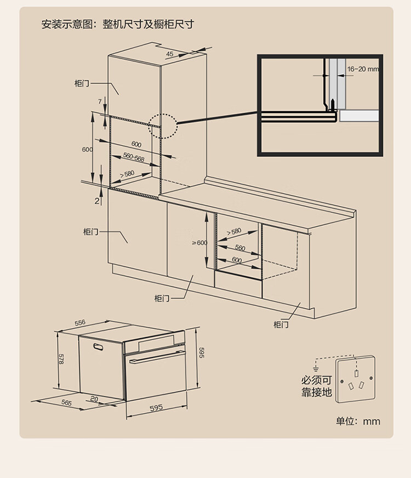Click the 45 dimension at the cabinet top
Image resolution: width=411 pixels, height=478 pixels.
169,54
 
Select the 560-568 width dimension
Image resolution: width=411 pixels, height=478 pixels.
133,158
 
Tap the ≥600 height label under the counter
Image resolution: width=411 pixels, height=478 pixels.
199,243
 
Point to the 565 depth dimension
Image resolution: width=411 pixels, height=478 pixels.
66,402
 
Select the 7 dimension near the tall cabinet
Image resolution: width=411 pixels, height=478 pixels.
100,101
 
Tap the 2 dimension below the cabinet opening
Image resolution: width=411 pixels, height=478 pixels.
97,201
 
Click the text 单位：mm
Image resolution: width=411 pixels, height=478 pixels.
358,421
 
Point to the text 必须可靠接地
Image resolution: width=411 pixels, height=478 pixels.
316,386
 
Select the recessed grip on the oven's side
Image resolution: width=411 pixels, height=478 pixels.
100,346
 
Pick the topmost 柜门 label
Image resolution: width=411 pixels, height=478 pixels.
82,83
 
